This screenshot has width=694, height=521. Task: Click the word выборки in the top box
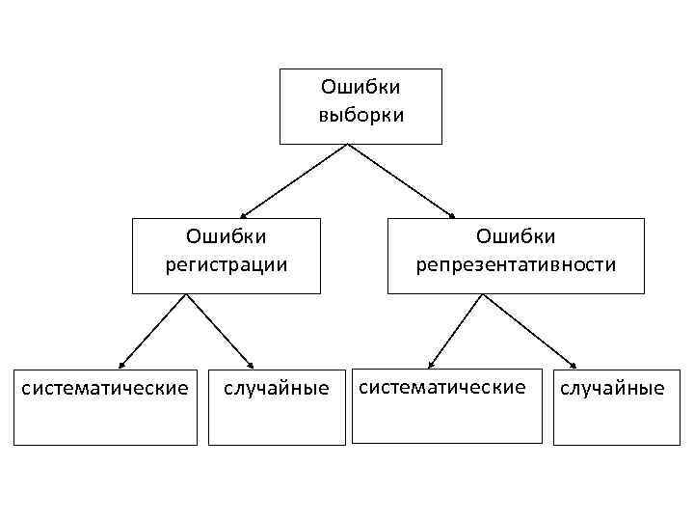pos(360,115)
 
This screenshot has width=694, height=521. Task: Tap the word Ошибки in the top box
pos(360,89)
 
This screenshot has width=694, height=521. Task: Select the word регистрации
pos(227,263)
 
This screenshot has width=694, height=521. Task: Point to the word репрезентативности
pos(516,263)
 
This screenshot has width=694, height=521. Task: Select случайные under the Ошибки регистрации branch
pos(276,389)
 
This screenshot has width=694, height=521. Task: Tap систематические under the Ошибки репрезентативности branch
pos(442,387)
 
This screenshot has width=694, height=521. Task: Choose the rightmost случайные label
pos(612,389)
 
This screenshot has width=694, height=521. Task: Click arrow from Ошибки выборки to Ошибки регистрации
pos(294,180)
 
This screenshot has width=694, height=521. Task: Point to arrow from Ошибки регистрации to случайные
pos(220,331)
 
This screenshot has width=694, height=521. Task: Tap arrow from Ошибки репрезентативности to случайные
pos(528,331)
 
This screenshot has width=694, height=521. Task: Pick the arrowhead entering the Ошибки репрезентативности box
pos(451,214)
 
